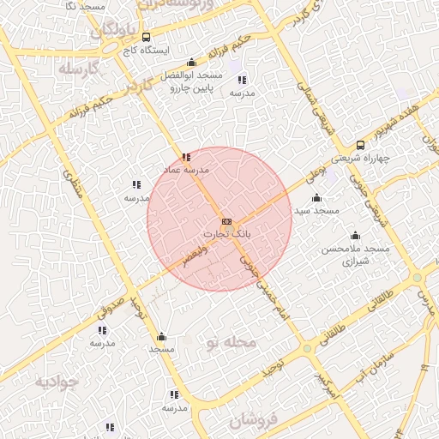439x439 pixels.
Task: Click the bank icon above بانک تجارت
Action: tap(226, 221)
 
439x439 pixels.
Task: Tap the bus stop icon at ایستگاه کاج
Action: tap(147, 38)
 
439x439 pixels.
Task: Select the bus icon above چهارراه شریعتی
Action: tap(360, 145)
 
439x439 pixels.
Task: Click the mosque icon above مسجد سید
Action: tap(316, 198)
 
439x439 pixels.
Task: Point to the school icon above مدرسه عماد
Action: tap(186, 157)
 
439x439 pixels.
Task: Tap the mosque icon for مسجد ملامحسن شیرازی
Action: tap(355, 236)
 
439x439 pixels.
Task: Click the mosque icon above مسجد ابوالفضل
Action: tap(190, 63)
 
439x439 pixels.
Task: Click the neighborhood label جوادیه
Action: tap(56, 382)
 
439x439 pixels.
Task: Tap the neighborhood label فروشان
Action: tap(254, 419)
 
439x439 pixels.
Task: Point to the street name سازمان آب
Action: tap(376, 366)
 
